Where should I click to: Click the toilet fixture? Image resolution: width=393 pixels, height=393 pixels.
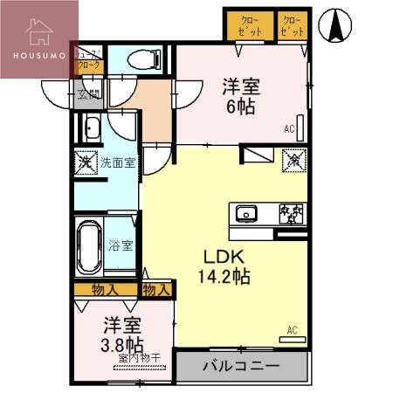coord(141,60)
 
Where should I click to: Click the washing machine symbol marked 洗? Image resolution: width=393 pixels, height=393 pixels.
coord(85,162)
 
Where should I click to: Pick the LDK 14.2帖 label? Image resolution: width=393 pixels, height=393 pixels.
coord(226,267)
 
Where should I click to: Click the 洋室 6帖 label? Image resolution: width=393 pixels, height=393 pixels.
coord(238,98)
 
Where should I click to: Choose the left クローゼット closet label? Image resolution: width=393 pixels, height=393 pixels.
coord(247,24)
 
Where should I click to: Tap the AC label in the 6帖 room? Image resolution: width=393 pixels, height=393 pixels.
coord(289,129)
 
